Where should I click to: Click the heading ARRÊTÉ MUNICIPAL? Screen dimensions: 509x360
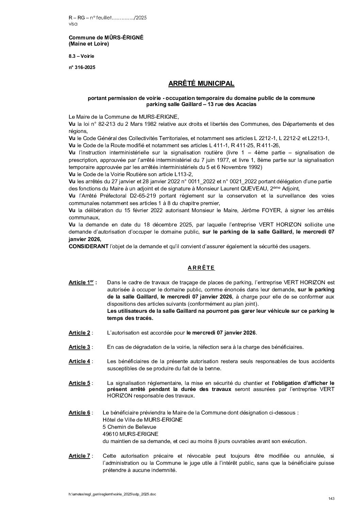tap(201, 84)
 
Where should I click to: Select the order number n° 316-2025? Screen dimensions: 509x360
tap(82, 67)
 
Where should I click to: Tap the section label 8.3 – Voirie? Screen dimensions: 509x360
tap(81, 56)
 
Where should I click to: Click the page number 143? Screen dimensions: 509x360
tap(331, 498)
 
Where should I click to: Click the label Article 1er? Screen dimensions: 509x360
tap(81, 283)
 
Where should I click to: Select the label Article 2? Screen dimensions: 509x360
tap(80, 333)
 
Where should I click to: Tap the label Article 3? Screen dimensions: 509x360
tap(80, 347)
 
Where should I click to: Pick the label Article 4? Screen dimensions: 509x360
tap(80, 361)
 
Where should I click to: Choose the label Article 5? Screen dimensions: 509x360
tap(80, 383)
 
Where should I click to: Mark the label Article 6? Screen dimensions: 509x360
tap(80, 413)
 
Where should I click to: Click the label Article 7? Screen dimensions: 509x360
tap(80, 456)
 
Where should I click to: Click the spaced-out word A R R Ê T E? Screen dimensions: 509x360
tap(201, 268)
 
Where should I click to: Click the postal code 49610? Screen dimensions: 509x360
tap(110, 434)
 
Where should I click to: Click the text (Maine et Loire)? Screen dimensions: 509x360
tap(89, 44)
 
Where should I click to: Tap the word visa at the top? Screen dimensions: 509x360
tap(73, 24)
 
